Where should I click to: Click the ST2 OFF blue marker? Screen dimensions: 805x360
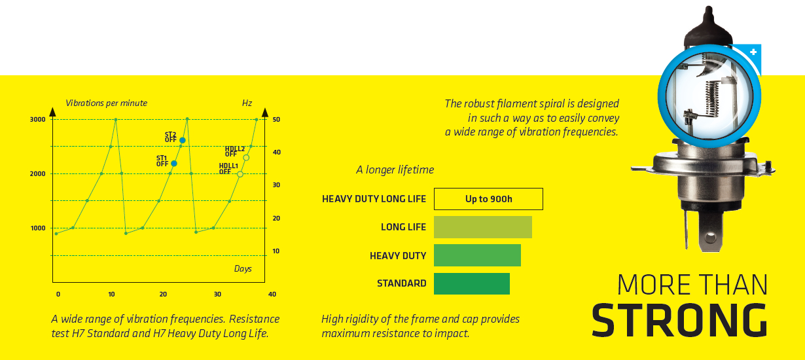tap(183, 140)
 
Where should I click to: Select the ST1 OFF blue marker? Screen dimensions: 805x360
tap(174, 164)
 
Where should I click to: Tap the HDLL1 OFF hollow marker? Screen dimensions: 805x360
tap(240, 174)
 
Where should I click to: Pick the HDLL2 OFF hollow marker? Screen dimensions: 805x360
tap(246, 158)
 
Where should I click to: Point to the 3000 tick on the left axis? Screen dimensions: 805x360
tap(38, 119)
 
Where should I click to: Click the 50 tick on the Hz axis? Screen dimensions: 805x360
tap(276, 119)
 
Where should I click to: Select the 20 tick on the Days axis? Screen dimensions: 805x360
tap(163, 295)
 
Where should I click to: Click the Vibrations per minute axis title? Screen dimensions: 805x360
tap(107, 103)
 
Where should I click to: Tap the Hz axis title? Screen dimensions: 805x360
tap(247, 103)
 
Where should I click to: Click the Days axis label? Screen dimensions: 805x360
tap(243, 269)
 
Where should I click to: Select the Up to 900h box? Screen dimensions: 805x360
tap(488, 199)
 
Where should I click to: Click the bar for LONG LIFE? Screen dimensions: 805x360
tap(483, 227)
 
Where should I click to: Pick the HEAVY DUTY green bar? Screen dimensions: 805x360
tap(477, 255)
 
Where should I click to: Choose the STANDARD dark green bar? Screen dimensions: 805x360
tap(472, 284)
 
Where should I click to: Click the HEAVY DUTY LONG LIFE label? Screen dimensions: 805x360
tap(374, 199)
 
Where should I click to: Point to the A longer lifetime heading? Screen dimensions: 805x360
tap(395, 170)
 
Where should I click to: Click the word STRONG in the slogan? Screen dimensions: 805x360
tap(679, 320)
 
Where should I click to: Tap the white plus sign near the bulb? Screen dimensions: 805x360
tap(753, 52)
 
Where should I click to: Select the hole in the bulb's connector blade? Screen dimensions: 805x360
tap(710, 238)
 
